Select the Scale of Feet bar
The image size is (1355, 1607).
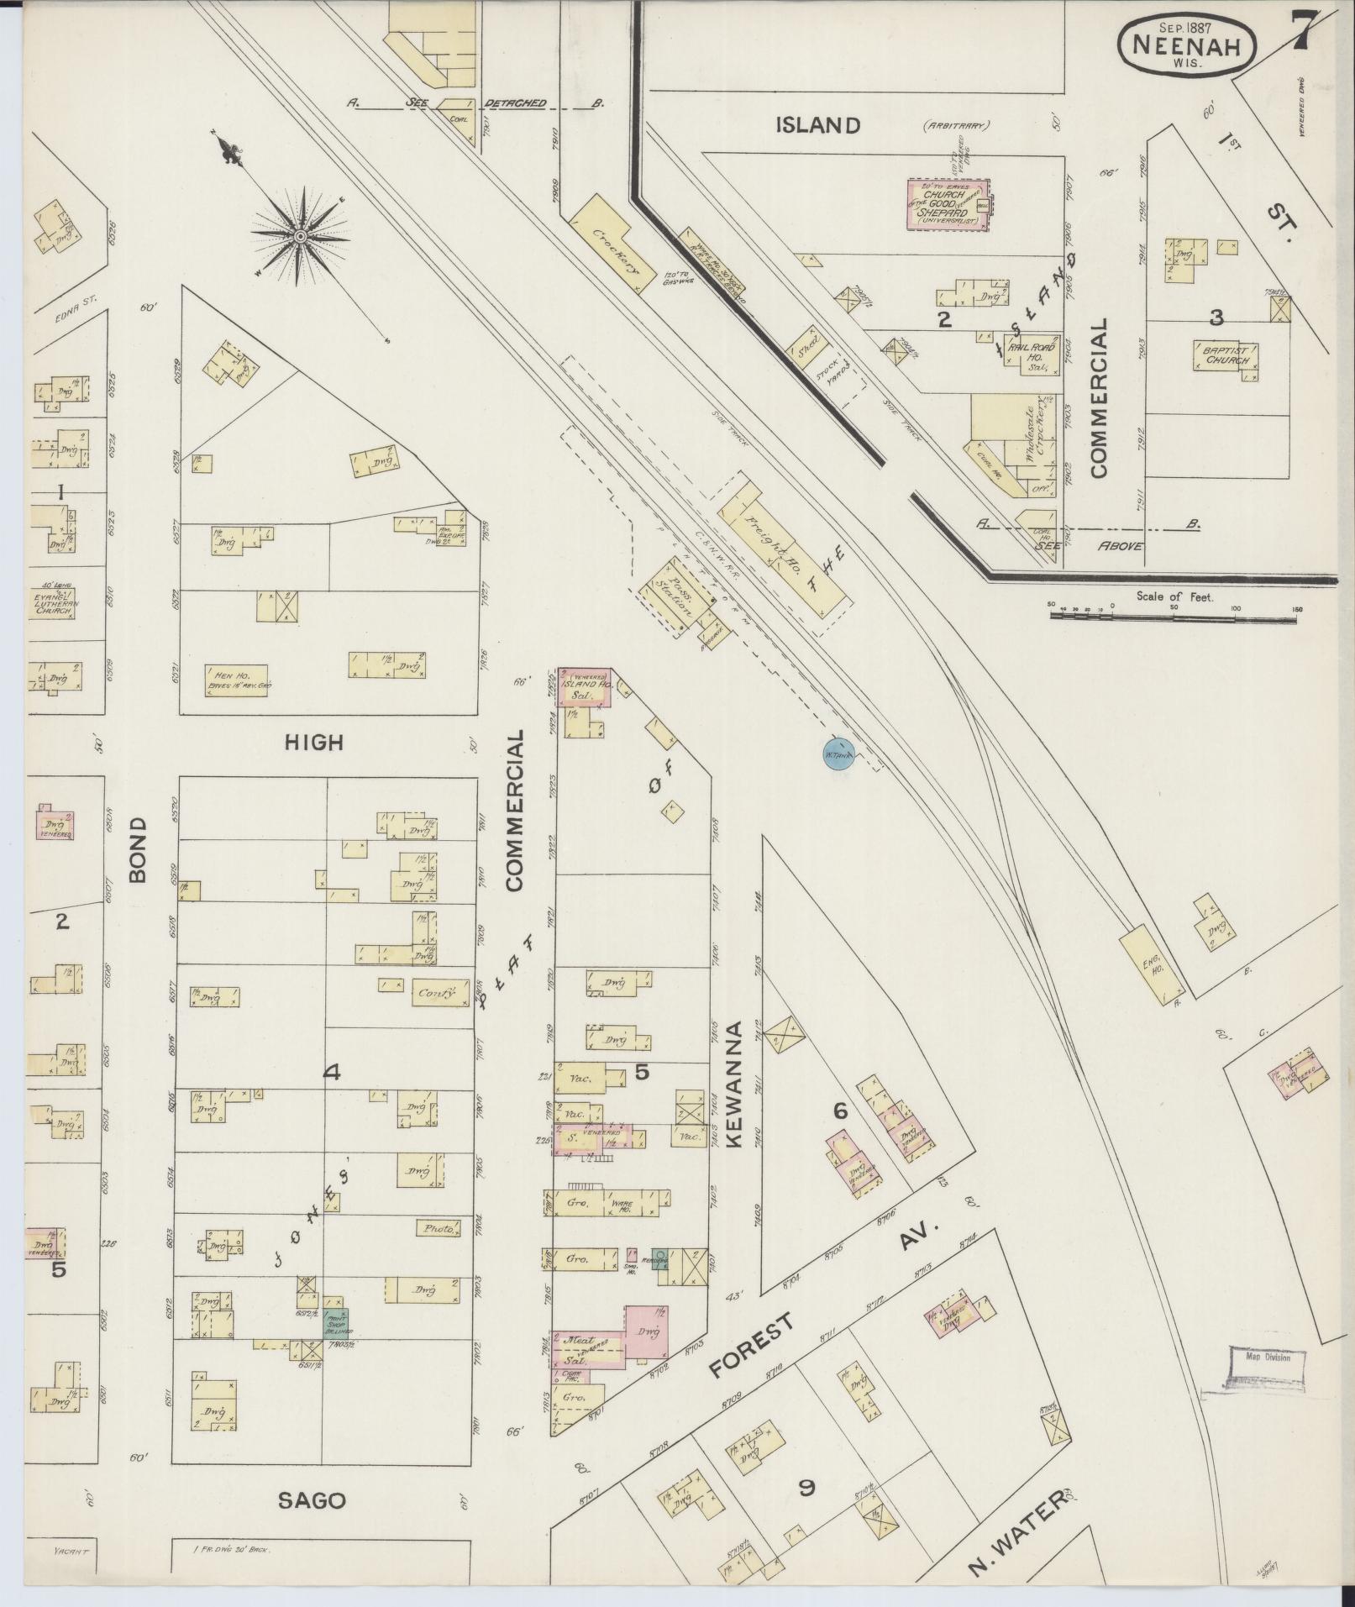pyautogui.click(x=1174, y=615)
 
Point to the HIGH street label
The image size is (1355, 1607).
pyautogui.click(x=313, y=742)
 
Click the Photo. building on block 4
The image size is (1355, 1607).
pyautogui.click(x=439, y=1227)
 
